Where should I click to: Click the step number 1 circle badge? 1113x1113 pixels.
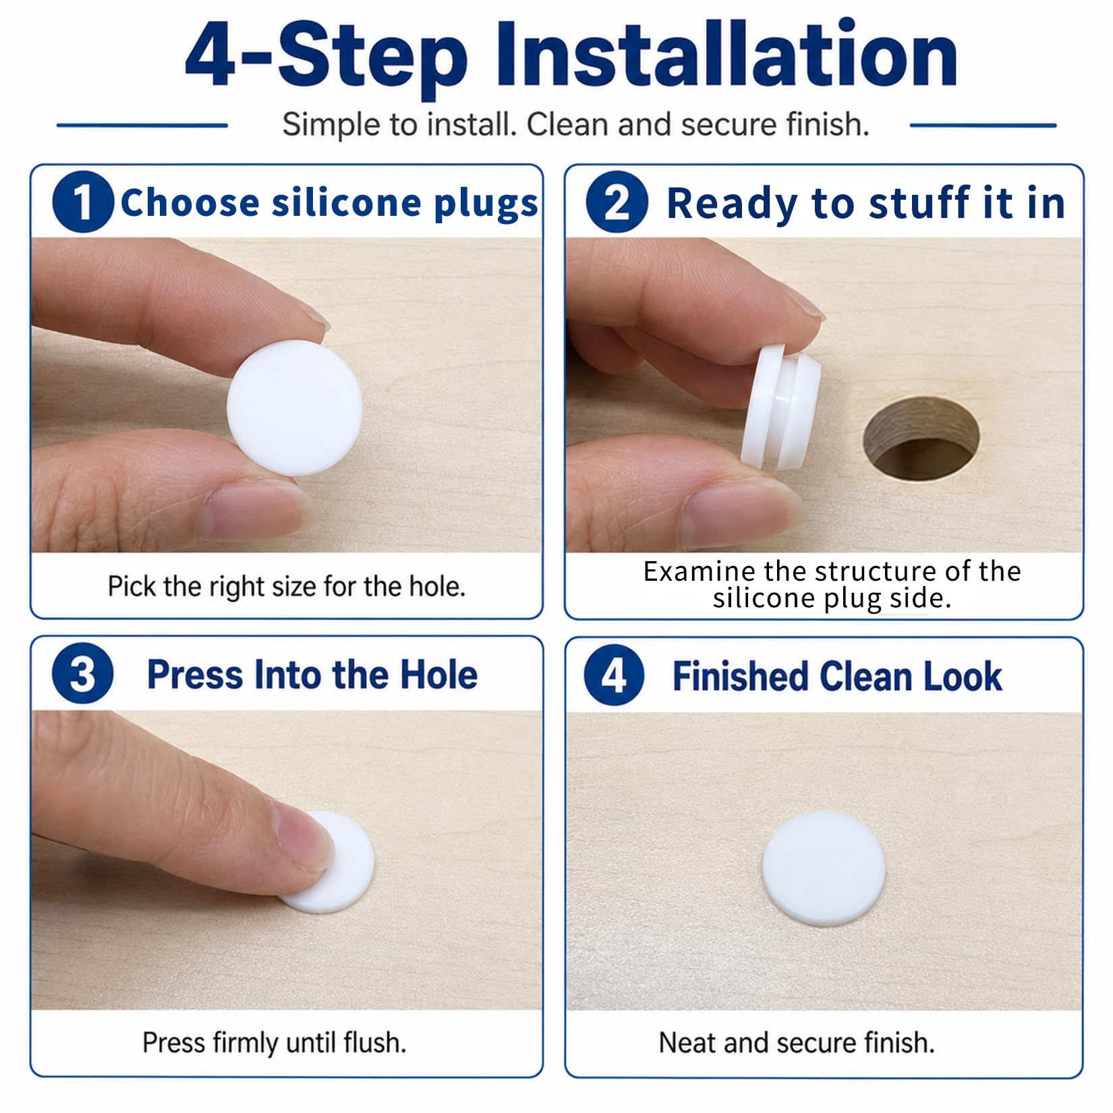click(83, 202)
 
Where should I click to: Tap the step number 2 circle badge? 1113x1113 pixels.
click(617, 202)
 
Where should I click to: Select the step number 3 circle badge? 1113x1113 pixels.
click(82, 674)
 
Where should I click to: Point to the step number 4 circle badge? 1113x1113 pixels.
click(614, 675)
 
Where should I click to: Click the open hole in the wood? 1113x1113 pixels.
click(921, 438)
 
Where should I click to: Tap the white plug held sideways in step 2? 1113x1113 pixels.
click(782, 407)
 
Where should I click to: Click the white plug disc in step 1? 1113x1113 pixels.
click(295, 407)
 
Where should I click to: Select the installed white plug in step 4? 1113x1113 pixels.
click(823, 868)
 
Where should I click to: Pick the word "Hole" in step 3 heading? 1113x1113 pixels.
click(439, 675)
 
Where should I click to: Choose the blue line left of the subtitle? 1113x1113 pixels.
click(142, 125)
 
